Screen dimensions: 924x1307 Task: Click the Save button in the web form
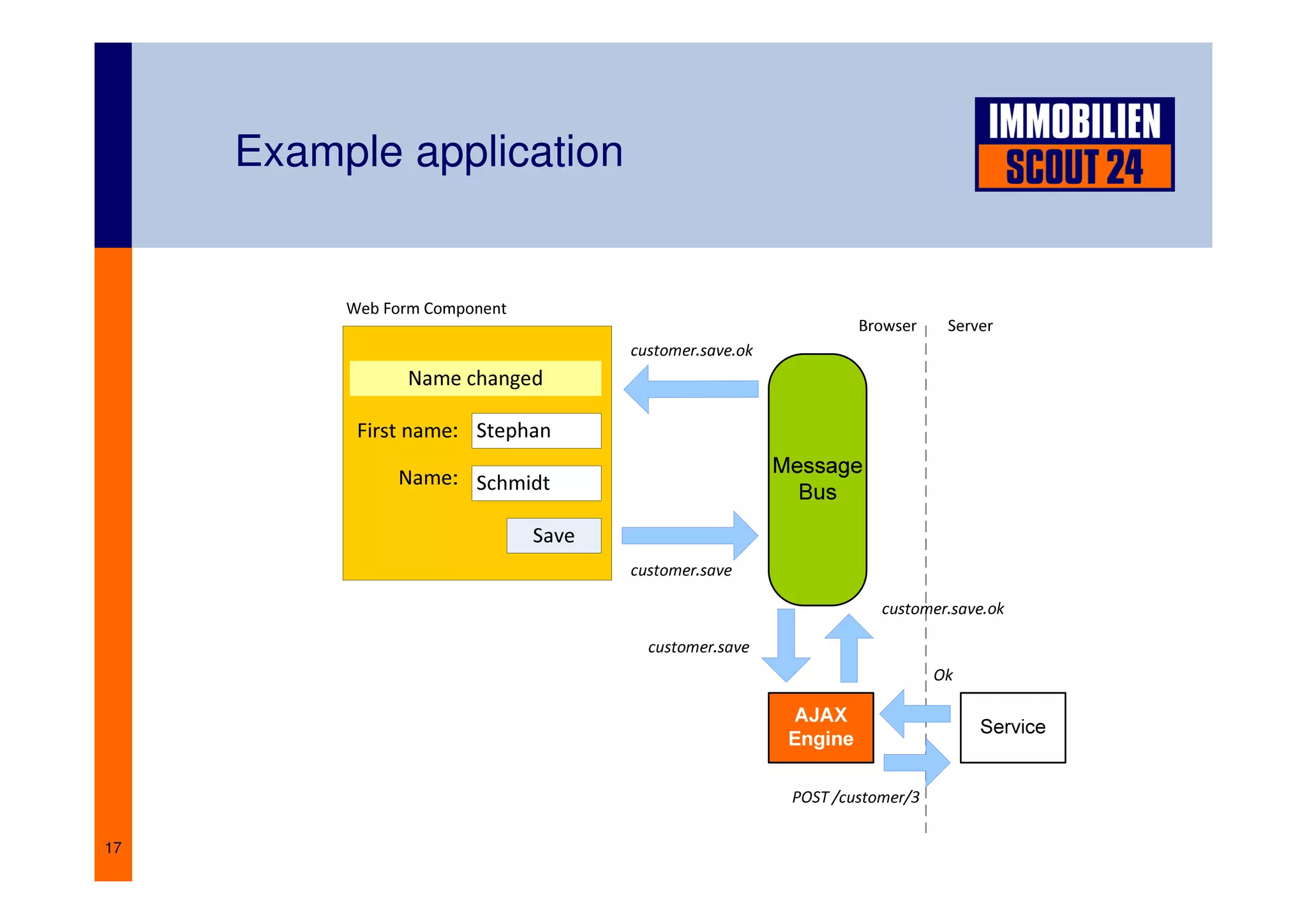click(553, 535)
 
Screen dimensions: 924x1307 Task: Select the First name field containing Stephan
click(536, 430)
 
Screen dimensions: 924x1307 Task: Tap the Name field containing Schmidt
click(536, 483)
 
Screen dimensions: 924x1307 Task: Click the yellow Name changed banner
click(475, 378)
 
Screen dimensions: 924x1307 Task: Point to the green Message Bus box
click(817, 479)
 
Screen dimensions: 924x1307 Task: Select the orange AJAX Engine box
click(821, 727)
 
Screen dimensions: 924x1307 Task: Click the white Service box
click(1012, 727)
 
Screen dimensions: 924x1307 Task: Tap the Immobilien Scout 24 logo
click(1074, 144)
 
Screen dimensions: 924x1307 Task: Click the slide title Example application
click(429, 152)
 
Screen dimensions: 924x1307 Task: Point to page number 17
click(113, 847)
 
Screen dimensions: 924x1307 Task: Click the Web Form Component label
click(426, 308)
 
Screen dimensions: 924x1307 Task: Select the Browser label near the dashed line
click(887, 326)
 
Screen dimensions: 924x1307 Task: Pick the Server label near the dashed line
click(969, 326)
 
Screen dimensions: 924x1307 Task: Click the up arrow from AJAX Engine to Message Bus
click(849, 648)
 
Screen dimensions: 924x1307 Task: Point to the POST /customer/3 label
click(855, 797)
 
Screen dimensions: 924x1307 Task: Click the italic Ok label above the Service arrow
click(943, 675)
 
